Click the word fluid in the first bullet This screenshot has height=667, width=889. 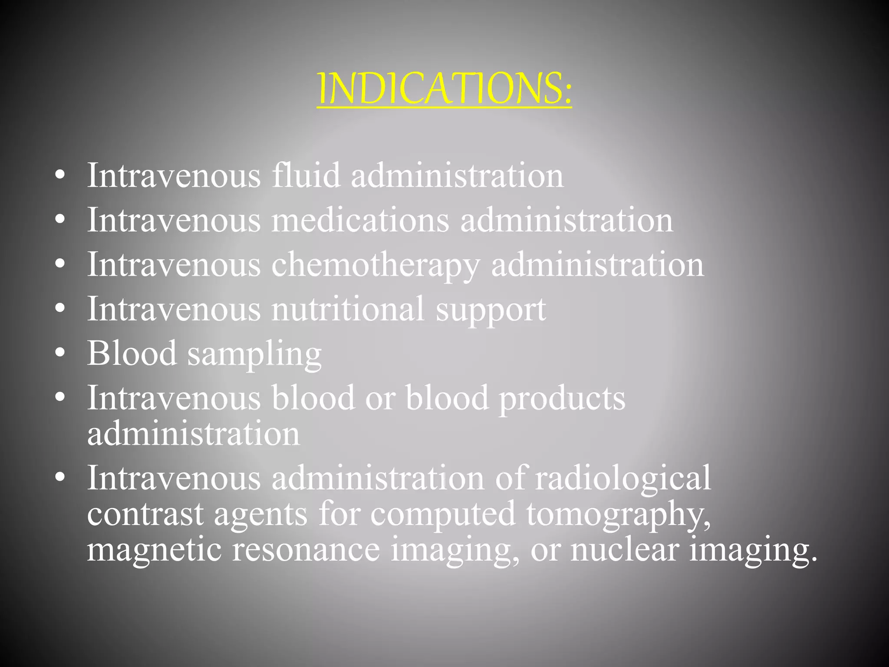(x=306, y=176)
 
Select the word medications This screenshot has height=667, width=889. (x=360, y=220)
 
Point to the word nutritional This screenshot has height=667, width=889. (x=348, y=309)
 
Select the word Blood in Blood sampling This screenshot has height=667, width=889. (x=132, y=353)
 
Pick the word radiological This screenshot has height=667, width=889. (x=623, y=478)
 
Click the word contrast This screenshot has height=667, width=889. (x=145, y=514)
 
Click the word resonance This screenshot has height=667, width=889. (x=306, y=550)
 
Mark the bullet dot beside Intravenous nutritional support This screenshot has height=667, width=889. (x=60, y=308)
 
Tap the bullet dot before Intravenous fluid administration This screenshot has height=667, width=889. (x=60, y=175)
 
